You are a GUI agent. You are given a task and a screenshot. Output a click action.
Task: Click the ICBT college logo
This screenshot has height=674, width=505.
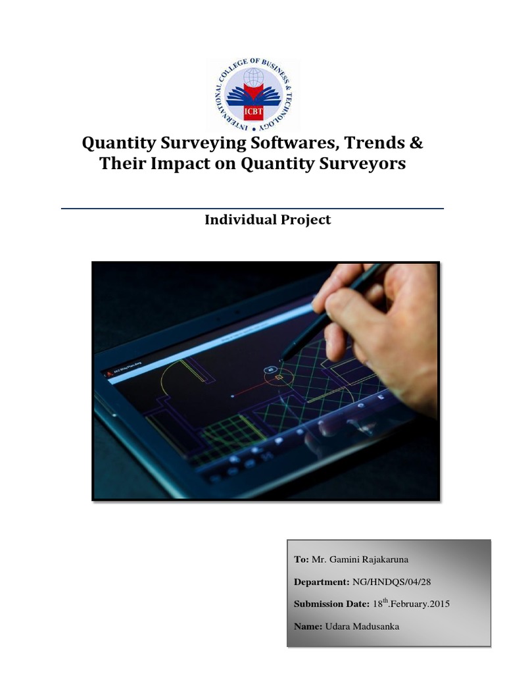pyautogui.click(x=252, y=94)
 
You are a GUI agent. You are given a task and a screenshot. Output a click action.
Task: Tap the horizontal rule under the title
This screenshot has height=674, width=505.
pyautogui.click(x=252, y=209)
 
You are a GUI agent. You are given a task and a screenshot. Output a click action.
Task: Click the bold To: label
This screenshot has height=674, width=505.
pyautogui.click(x=301, y=559)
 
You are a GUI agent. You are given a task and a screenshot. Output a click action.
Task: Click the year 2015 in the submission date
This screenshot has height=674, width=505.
pyautogui.click(x=438, y=604)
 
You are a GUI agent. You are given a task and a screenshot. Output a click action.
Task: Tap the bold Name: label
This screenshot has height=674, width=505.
pyautogui.click(x=308, y=626)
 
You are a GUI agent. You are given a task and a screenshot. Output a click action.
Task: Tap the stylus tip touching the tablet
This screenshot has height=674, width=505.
pyautogui.click(x=281, y=361)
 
